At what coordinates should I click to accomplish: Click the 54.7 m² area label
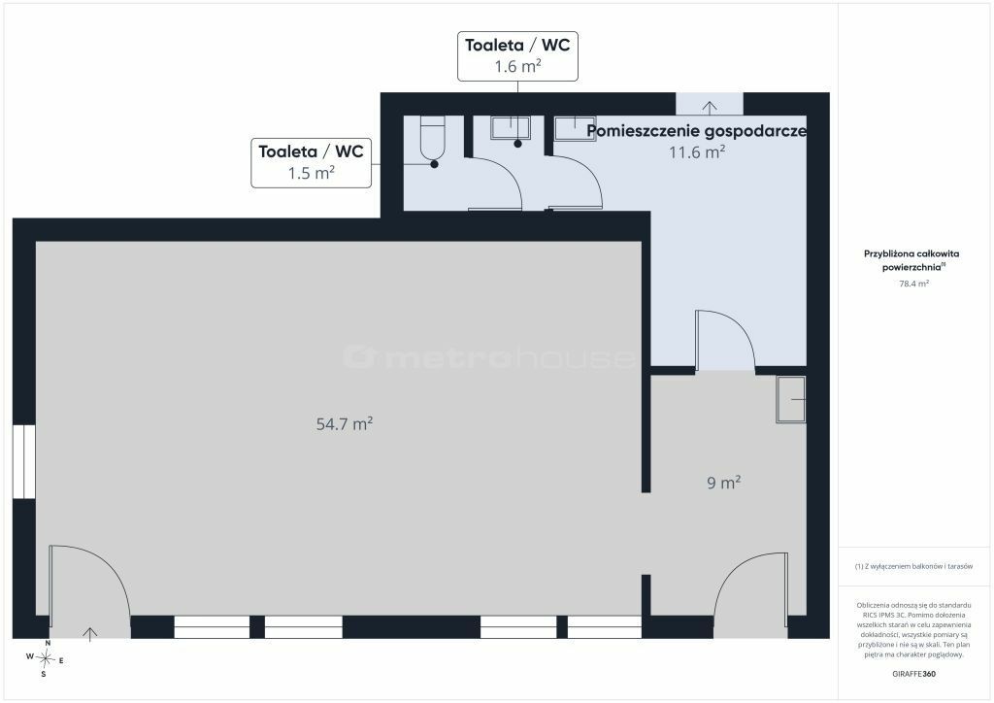(x=345, y=423)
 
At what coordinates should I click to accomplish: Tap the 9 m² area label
(x=724, y=483)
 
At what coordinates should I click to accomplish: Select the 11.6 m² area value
(x=697, y=152)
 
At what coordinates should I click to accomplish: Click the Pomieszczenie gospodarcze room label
(x=697, y=131)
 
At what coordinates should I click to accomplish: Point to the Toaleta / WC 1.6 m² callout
(x=518, y=55)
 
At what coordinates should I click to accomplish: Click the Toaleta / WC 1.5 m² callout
(x=312, y=163)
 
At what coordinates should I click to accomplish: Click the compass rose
(x=45, y=658)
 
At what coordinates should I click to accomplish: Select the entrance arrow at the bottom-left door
(x=90, y=633)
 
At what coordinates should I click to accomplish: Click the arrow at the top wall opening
(x=710, y=107)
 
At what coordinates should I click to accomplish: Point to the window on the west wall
(x=24, y=461)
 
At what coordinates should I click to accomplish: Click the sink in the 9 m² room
(x=791, y=399)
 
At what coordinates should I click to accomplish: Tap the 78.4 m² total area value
(x=913, y=284)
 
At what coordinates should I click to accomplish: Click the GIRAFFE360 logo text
(x=913, y=674)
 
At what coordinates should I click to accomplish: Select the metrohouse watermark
(x=489, y=357)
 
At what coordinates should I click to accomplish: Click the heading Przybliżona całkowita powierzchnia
(x=911, y=260)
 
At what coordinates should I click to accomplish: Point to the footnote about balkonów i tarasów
(x=913, y=566)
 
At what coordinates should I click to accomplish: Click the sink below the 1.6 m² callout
(x=511, y=128)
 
